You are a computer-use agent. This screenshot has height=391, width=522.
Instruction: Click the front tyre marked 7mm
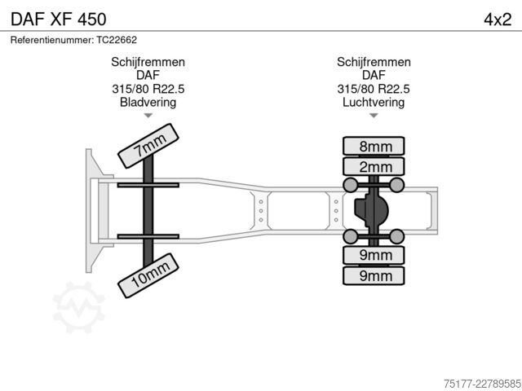coord(148,146)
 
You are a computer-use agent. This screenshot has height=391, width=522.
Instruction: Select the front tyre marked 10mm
coord(148,275)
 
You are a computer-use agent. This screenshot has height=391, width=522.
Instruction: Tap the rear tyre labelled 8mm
coord(374,146)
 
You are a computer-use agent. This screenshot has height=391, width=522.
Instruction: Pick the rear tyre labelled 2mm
coord(374,166)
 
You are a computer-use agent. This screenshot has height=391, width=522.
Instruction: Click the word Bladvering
coord(148,102)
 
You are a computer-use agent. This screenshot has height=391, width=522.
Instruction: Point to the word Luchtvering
coord(374,102)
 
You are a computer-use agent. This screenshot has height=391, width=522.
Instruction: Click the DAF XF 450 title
coord(59,20)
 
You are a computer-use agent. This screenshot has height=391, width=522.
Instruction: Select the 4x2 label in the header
coord(498,20)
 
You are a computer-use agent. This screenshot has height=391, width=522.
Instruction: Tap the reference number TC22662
coord(117,40)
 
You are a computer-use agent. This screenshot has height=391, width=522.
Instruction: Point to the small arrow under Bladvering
coord(148,116)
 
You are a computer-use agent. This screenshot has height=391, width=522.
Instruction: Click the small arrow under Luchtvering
coord(374,116)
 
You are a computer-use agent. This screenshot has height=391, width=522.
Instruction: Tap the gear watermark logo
coord(79,308)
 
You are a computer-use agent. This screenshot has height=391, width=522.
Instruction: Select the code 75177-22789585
coord(482,384)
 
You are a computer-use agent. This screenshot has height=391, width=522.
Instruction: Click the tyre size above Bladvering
coord(148,89)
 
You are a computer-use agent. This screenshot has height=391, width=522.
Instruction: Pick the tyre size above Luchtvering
coord(374,89)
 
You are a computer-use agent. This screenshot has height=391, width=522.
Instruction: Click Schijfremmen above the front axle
coord(148,62)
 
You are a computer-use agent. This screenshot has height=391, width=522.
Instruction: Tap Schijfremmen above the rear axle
coord(374,62)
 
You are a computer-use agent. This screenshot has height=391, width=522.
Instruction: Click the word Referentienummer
coord(52,40)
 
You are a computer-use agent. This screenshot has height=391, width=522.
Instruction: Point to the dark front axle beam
coord(148,210)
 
